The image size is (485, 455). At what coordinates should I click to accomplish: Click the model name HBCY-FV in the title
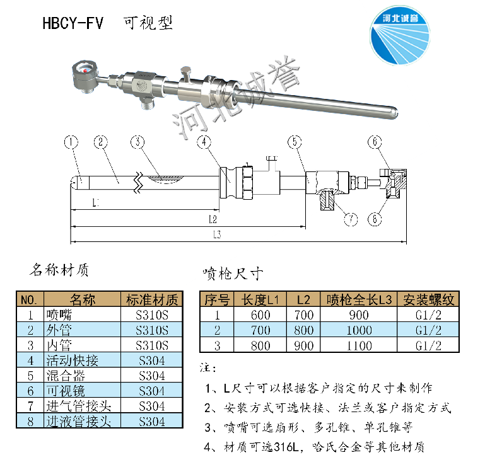73,23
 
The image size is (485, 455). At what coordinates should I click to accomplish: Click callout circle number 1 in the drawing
71,142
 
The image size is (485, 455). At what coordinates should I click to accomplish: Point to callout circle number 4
203,142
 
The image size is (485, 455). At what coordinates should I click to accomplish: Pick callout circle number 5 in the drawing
295,142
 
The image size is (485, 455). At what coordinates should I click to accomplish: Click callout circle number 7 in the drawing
351,219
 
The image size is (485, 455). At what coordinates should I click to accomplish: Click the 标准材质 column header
152,299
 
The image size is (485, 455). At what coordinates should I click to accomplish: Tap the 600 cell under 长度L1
260,315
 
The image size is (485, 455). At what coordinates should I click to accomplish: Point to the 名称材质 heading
59,270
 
